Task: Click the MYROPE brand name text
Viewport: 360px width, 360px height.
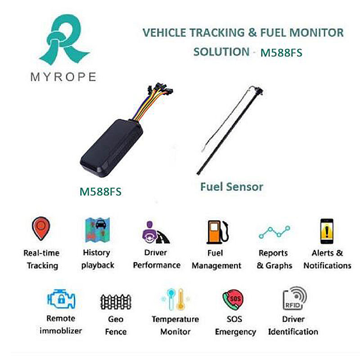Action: coord(63,76)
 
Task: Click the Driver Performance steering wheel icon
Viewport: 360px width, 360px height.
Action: coord(155,232)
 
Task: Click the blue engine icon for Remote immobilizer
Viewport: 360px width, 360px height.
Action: coord(62,299)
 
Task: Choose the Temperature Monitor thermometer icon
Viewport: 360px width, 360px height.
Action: coord(175,299)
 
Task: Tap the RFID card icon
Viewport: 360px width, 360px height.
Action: coord(294,299)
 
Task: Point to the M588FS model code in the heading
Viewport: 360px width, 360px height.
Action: coord(281,53)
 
